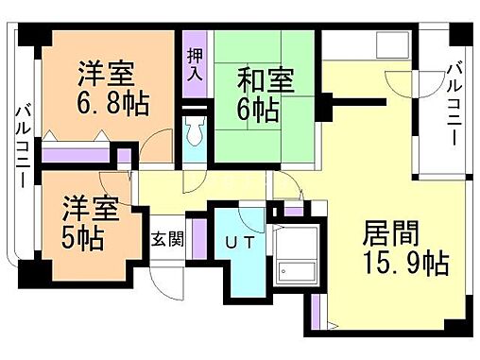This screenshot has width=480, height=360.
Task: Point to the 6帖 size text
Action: pos(256,111)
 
